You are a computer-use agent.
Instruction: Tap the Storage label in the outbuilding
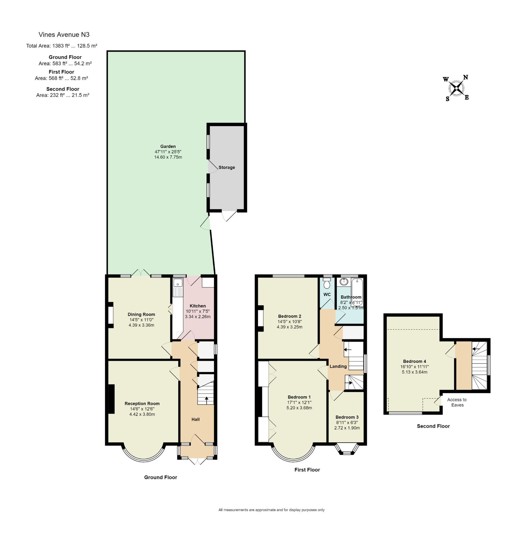[227, 167]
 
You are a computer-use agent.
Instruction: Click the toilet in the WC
[327, 284]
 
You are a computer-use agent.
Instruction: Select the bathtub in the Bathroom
[357, 291]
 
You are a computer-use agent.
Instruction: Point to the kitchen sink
[177, 283]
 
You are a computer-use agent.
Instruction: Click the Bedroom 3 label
[347, 417]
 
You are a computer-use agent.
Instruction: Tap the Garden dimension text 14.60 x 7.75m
[168, 157]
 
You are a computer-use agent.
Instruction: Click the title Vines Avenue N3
[64, 35]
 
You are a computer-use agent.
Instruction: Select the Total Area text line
[61, 46]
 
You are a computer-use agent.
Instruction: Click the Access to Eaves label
[457, 402]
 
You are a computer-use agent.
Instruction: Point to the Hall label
[196, 419]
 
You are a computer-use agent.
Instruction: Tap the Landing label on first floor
[338, 366]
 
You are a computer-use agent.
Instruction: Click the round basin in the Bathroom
[344, 282]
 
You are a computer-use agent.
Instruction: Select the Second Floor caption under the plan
[433, 426]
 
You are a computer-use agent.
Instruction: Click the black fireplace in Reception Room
[112, 399]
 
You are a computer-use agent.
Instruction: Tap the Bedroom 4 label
[414, 361]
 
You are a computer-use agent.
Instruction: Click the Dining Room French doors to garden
[141, 273]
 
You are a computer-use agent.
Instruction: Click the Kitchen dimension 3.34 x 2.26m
[198, 317]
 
